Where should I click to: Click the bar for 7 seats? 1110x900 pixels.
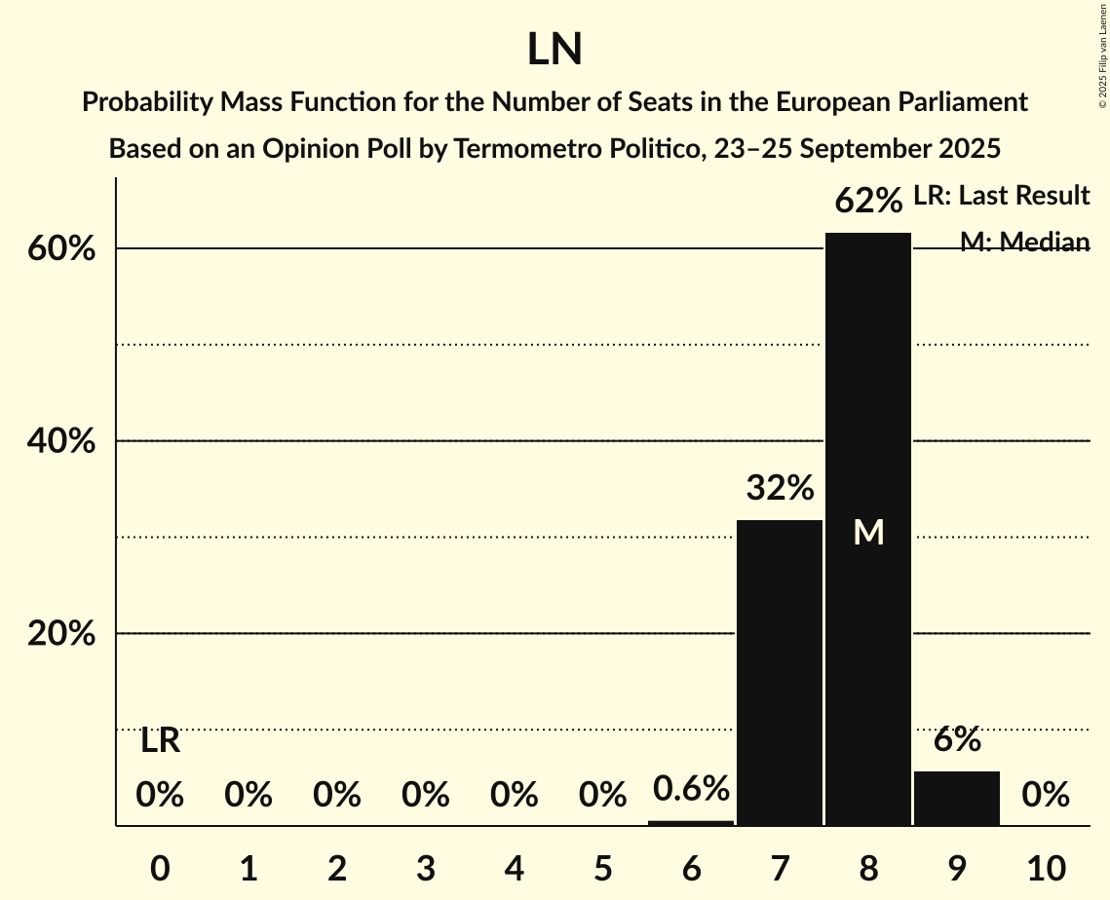click(x=780, y=672)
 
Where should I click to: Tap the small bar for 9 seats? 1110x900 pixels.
click(x=957, y=798)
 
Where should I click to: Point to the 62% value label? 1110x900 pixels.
click(x=868, y=202)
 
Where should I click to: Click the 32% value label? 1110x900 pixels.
click(x=780, y=488)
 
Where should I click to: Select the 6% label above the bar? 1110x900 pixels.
click(x=957, y=740)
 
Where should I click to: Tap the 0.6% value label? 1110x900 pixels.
click(x=691, y=788)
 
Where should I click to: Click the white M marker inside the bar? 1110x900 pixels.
click(x=868, y=532)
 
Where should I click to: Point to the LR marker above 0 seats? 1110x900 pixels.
click(x=160, y=741)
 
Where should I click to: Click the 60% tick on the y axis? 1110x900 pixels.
click(x=61, y=249)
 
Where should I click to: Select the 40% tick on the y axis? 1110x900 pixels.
click(x=61, y=441)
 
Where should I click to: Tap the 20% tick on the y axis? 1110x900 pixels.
click(x=61, y=634)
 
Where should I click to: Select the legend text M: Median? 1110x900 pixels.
click(x=1024, y=242)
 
